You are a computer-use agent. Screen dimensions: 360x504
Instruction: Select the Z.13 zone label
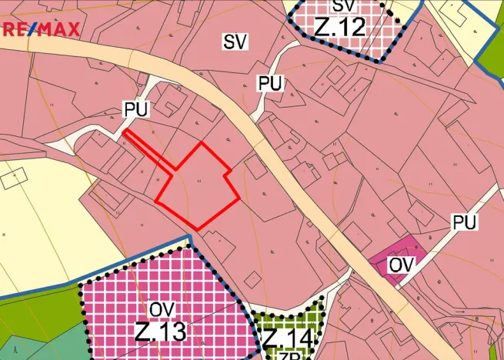pos(160,332)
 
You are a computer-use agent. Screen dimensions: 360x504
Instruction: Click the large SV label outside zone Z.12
pos(235,42)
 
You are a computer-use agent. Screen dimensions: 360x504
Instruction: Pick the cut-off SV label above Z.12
pos(343,6)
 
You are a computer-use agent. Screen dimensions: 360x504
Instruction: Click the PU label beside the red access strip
pos(135,110)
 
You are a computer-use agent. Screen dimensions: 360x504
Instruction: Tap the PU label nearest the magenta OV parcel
pos(465,222)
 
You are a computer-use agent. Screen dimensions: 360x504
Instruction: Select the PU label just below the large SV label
pos(269,84)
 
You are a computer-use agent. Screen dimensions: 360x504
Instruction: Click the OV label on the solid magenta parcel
pos(402,265)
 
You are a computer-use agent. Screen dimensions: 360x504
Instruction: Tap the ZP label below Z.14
pos(289,355)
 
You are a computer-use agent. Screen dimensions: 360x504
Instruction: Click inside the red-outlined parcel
pos(198,185)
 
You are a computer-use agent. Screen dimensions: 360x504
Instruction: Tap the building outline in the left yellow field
pos(13,178)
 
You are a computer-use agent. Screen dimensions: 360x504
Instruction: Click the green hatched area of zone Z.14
pos(308,323)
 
